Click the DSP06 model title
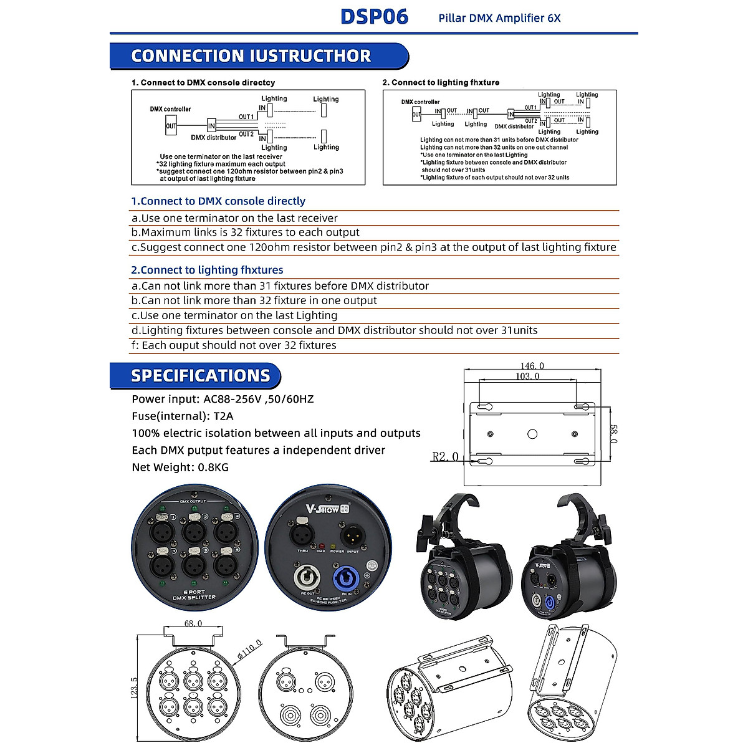(374, 16)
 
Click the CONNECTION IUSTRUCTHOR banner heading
(251, 56)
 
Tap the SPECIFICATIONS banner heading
(200, 376)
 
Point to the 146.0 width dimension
(532, 366)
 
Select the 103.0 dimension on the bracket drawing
(527, 376)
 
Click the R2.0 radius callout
(445, 457)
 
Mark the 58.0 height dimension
(613, 434)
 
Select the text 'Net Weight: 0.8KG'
(180, 467)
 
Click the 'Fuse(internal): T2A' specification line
(182, 416)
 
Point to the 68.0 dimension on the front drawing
(193, 623)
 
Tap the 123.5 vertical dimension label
(133, 688)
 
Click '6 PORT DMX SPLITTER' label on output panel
(194, 595)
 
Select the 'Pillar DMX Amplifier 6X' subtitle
(499, 18)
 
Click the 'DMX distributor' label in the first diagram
(213, 138)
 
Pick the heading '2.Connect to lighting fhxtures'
(207, 270)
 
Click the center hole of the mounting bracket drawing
(532, 434)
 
